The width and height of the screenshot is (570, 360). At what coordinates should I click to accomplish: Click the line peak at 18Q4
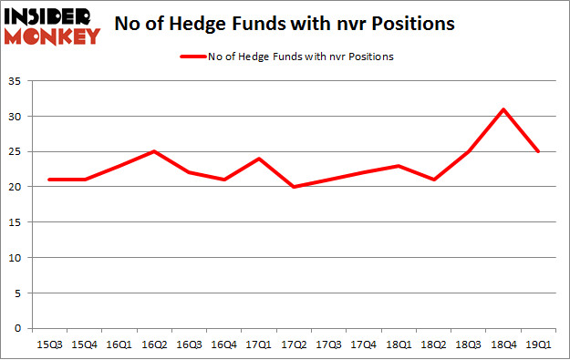pyautogui.click(x=503, y=109)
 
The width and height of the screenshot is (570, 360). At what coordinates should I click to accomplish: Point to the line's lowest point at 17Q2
pyautogui.click(x=295, y=187)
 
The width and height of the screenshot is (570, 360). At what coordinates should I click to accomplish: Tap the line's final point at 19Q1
pyautogui.click(x=538, y=151)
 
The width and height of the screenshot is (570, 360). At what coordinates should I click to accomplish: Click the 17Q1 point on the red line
pyautogui.click(x=260, y=159)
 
